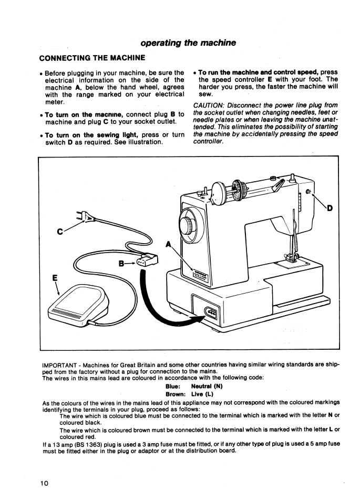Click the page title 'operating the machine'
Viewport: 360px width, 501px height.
(x=188, y=43)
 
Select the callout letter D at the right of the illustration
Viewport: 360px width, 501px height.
(x=330, y=208)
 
